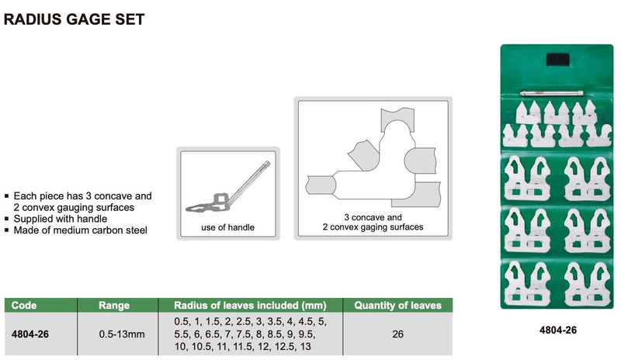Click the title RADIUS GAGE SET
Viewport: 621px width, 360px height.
[75, 19]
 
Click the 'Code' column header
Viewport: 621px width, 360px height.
[24, 306]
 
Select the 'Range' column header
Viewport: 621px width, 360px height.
[114, 306]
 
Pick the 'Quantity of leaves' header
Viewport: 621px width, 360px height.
[397, 306]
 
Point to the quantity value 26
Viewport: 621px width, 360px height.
[397, 334]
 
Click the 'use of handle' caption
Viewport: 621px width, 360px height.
[227, 227]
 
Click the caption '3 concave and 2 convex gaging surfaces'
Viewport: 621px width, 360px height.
[373, 223]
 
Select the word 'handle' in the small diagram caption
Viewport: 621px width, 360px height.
[240, 227]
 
